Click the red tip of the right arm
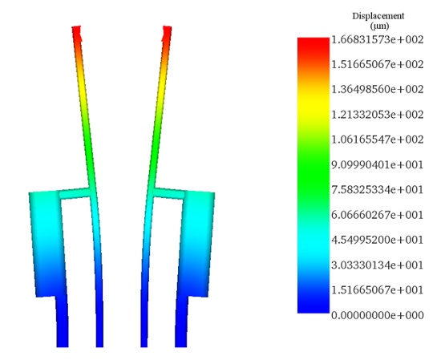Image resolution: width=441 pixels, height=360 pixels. pos(167,33)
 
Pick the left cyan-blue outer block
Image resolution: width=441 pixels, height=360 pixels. pos(45,241)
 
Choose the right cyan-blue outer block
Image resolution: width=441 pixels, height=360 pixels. pos(199,241)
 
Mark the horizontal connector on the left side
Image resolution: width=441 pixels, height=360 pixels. pos(75,194)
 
